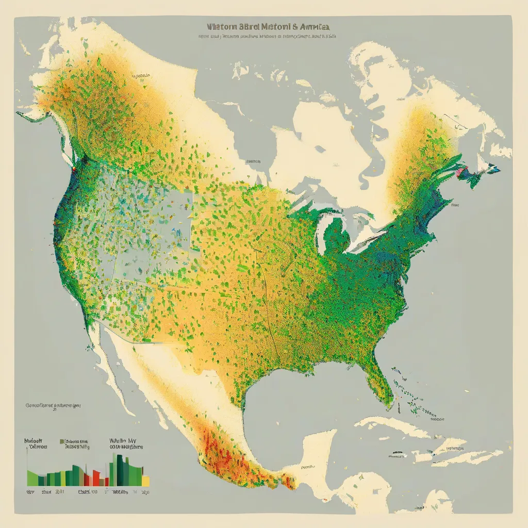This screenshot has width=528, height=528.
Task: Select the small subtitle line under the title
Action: point(267,37)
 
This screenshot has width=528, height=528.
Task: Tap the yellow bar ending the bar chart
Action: point(146,481)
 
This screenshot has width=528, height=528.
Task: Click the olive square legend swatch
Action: point(61,442)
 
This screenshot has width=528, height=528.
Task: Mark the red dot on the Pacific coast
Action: point(74,168)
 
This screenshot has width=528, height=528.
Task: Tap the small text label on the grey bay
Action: point(252,161)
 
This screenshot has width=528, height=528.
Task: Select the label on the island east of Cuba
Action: point(454,449)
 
